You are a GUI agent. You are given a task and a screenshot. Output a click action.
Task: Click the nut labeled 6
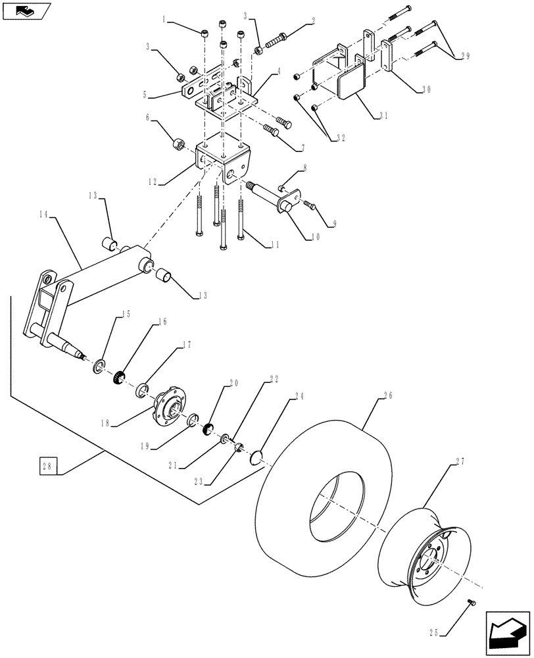177,144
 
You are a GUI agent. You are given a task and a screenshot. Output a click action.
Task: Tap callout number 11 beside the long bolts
271,245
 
